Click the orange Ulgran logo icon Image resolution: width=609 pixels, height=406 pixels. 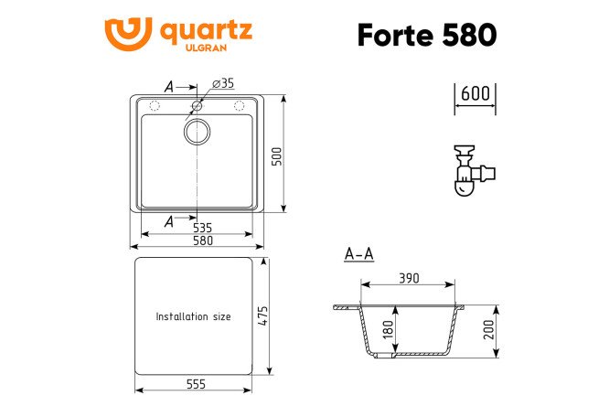pos(127,34)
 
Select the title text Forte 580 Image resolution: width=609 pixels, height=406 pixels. pos(428,34)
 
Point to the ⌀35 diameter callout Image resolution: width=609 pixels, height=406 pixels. pos(222,83)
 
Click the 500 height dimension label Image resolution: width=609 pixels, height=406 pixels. pos(287,155)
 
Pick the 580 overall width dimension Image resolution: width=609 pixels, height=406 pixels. pos(201,240)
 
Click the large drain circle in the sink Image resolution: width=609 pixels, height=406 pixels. pos(197,133)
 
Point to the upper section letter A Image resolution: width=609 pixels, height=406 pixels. pos(169,86)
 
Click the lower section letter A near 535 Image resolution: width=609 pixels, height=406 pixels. pos(169,221)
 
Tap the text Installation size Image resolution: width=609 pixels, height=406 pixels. pos(193,316)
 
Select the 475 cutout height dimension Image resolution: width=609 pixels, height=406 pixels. pos(263,315)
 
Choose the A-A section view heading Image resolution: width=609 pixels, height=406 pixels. pos(358,254)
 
